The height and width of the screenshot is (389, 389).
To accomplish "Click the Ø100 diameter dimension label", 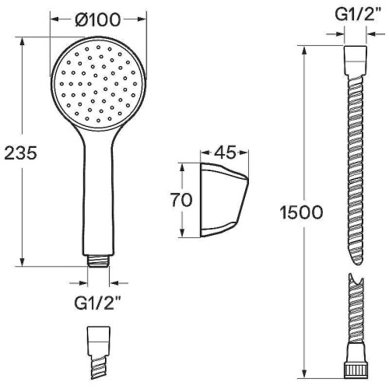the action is tap(98, 19).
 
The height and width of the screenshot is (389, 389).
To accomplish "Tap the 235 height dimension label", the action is tap(21, 152).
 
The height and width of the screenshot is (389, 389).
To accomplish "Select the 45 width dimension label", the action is tap(225, 152).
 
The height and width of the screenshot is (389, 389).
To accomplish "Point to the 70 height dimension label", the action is tap(181, 200).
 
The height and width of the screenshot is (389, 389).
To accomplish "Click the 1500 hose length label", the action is tap(301, 212).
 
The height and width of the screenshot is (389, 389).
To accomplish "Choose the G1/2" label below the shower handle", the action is tap(98, 303).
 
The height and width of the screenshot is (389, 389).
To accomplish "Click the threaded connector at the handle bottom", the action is tap(98, 261).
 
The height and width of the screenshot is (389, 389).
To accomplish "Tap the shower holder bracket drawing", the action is tap(224, 200).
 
